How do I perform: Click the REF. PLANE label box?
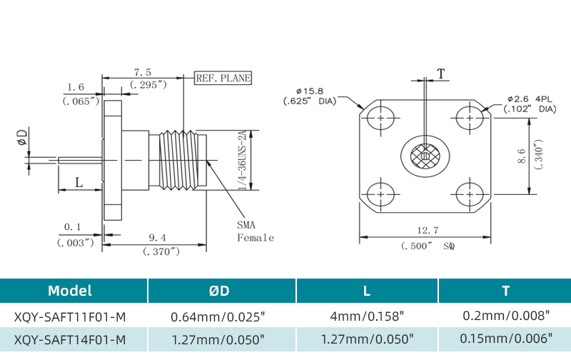tap(223, 78)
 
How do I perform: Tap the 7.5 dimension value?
tap(143, 72)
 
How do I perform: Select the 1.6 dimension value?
tap(76, 88)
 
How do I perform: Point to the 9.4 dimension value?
tap(158, 238)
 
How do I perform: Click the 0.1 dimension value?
tap(73, 227)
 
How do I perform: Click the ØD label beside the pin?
tap(23, 138)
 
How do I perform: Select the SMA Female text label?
tap(255, 231)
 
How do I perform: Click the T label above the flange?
tap(440, 74)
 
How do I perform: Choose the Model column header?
tap(70, 291)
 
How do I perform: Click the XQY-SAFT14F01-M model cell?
tap(70, 339)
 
